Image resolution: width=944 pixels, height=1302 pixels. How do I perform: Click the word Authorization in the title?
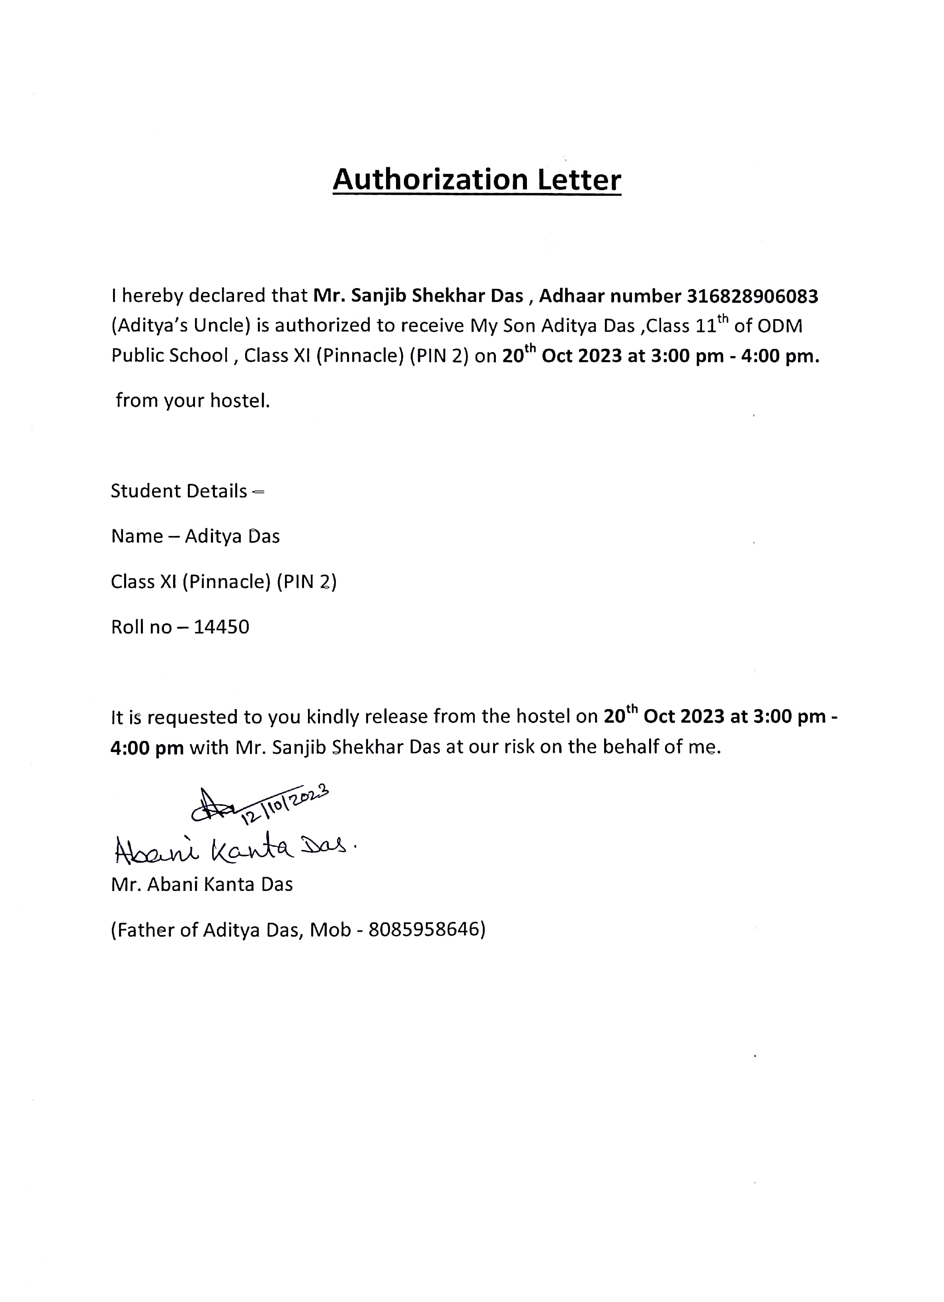pos(429,180)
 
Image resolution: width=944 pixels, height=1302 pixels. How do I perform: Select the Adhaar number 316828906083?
pos(752,296)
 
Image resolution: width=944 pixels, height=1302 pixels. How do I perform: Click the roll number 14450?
pos(221,627)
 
